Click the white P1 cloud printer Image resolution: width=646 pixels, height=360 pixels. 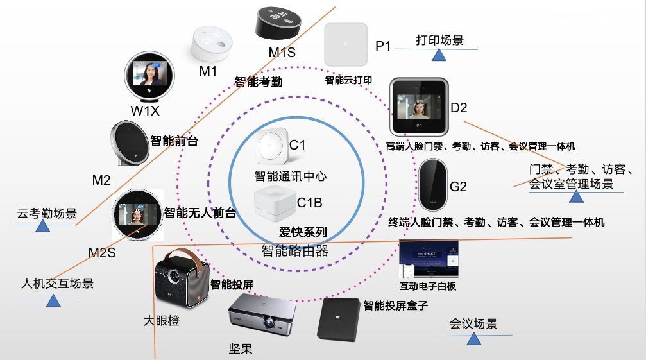(346, 44)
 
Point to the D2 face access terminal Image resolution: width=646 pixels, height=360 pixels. (419, 106)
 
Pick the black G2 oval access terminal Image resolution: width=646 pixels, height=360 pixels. (432, 184)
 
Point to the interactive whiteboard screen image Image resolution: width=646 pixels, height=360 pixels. (428, 261)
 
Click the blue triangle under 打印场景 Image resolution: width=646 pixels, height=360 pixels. (439, 55)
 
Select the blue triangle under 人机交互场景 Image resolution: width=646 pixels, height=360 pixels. (54, 300)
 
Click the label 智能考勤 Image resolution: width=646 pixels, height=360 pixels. (258, 82)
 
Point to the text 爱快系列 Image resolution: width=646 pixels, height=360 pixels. (302, 232)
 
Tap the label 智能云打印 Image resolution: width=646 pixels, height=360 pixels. (349, 80)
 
